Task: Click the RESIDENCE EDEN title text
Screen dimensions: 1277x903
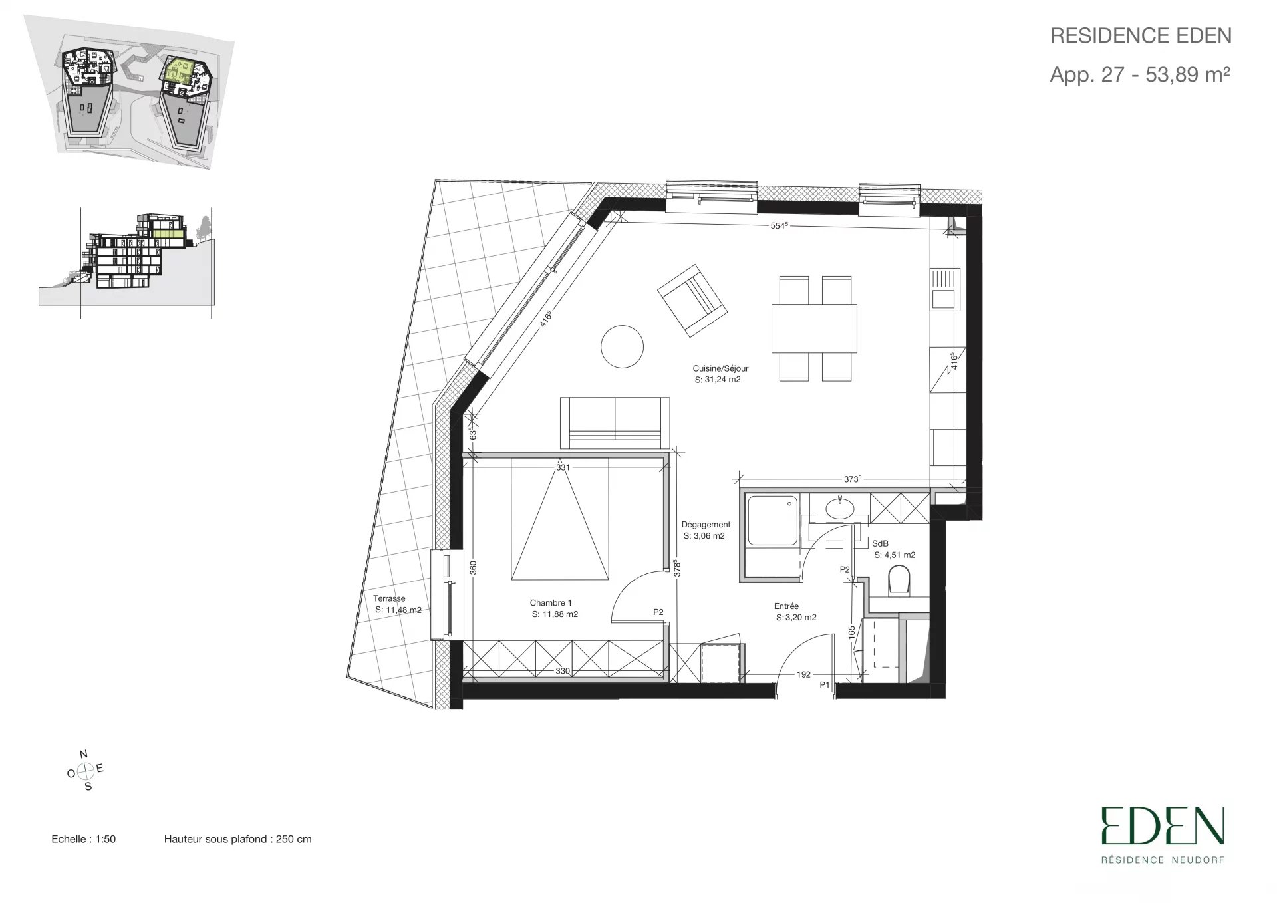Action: (x=1141, y=35)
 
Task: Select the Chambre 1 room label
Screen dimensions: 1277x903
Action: (x=551, y=603)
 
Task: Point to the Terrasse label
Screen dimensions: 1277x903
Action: (x=389, y=598)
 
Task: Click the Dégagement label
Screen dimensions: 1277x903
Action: (x=706, y=525)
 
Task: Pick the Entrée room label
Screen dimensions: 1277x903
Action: (x=786, y=606)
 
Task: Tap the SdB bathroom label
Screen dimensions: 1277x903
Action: (x=880, y=543)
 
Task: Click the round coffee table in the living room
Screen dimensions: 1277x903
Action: (x=622, y=346)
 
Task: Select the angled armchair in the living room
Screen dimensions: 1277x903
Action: (x=692, y=299)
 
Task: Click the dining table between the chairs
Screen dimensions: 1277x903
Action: (x=814, y=328)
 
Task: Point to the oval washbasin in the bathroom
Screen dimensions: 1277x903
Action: (x=841, y=508)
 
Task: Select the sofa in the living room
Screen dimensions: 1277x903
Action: (x=615, y=423)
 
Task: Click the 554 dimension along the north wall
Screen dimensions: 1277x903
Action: (x=779, y=225)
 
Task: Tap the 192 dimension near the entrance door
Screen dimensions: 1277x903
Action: (x=803, y=674)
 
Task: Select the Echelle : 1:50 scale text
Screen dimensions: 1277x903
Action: (x=83, y=839)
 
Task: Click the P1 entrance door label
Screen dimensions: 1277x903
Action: (x=825, y=685)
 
